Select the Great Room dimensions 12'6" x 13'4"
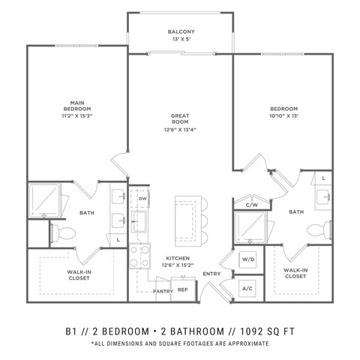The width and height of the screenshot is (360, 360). pyautogui.click(x=180, y=128)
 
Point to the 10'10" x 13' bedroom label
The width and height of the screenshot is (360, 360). pyautogui.click(x=284, y=117)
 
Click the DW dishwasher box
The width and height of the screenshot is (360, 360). pyautogui.click(x=142, y=198)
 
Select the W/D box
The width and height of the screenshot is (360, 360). pyautogui.click(x=248, y=260)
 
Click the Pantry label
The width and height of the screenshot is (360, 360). pyautogui.click(x=163, y=291)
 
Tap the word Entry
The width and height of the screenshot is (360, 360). pyautogui.click(x=211, y=274)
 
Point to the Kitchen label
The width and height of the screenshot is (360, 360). pyautogui.click(x=177, y=260)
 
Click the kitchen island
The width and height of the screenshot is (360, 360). pyautogui.click(x=186, y=220)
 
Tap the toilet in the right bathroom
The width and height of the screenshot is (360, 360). pyautogui.click(x=324, y=228)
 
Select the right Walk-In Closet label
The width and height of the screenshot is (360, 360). pyautogui.click(x=295, y=273)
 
